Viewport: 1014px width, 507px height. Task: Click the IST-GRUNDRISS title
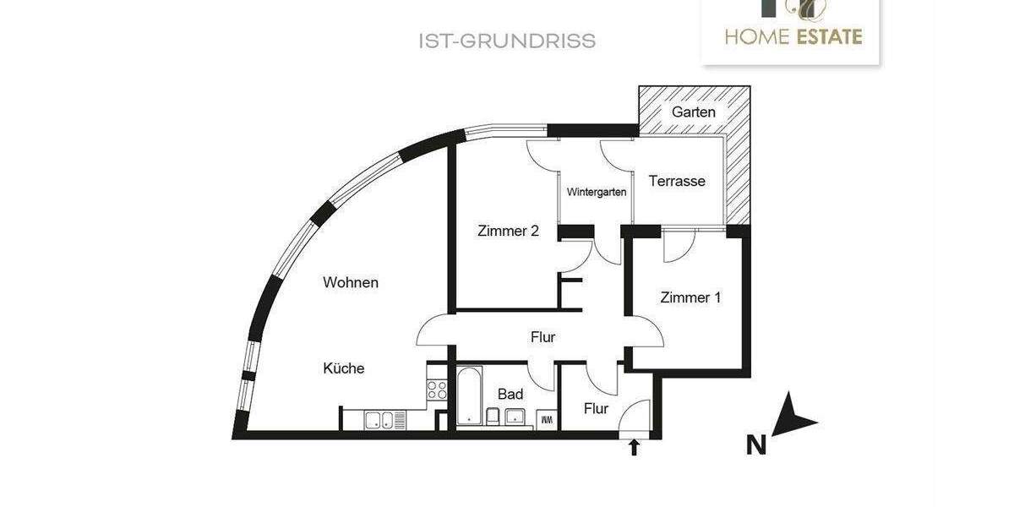pos(507,41)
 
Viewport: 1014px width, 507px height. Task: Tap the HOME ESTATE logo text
pos(793,36)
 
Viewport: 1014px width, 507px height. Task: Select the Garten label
pos(693,112)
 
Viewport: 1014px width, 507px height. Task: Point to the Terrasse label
pos(676,181)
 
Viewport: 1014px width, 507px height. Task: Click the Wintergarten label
pos(597,192)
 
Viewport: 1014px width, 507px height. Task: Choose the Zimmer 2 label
pos(508,231)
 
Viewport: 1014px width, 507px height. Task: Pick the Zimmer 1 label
pos(690,297)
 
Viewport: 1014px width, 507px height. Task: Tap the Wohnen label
pos(350,282)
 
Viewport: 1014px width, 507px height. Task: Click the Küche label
pos(343,368)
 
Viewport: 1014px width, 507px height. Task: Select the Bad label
pos(510,394)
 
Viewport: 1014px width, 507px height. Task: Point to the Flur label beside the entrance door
pos(596,409)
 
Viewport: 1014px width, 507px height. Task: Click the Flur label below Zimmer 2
pos(542,337)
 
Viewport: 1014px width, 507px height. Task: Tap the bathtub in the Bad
pos(469,395)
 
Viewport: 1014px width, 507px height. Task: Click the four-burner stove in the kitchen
pos(437,390)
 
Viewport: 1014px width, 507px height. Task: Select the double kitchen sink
pos(378,419)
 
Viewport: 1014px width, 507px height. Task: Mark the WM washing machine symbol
pos(546,418)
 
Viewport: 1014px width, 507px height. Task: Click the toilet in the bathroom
pos(493,417)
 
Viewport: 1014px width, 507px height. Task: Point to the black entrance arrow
pos(634,448)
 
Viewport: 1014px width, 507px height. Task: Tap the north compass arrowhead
pos(793,416)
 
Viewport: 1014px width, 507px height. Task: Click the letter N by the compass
pos(755,444)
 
